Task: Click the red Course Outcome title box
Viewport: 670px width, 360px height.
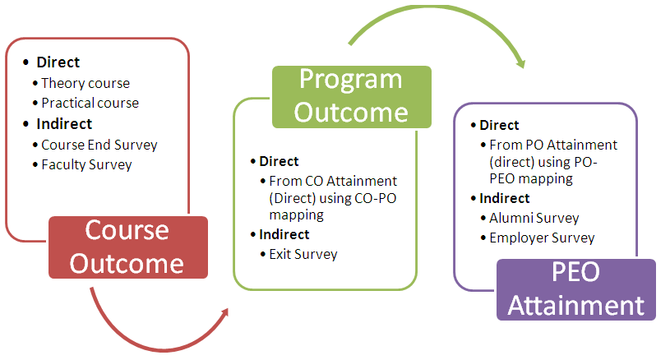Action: [128, 247]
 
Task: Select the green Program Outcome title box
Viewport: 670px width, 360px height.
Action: [352, 97]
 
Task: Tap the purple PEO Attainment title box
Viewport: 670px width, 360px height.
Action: [576, 289]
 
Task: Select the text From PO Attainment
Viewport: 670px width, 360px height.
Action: [553, 145]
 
